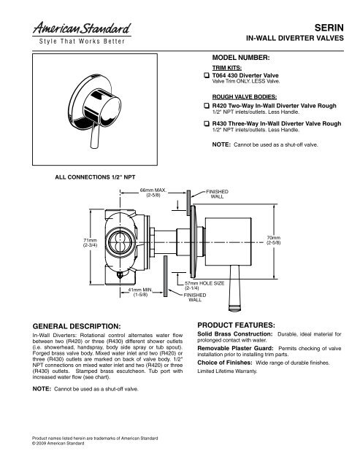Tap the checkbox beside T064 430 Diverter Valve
205,76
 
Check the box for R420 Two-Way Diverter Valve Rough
205,106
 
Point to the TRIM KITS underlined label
225,67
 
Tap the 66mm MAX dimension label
153,192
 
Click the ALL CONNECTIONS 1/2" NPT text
80,176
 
